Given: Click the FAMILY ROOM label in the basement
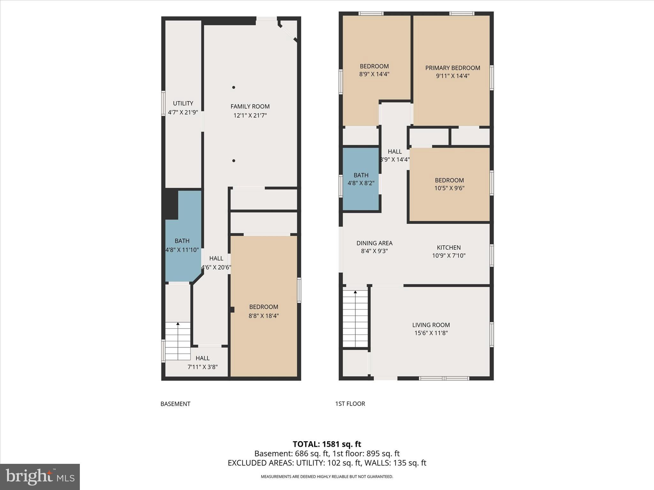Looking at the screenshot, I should [x=250, y=107].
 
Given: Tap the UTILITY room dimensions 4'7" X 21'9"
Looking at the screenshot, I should [x=183, y=112].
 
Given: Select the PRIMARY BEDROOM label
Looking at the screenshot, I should [x=452, y=68].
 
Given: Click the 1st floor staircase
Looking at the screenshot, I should [x=355, y=319].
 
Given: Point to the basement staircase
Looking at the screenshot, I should [x=178, y=341].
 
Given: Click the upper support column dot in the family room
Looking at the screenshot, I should [x=234, y=87].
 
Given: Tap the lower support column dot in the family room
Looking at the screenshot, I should [x=234, y=161].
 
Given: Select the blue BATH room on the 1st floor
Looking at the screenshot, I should [x=361, y=179].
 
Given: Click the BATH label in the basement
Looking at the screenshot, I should [x=182, y=241].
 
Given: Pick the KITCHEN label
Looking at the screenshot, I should [x=449, y=248].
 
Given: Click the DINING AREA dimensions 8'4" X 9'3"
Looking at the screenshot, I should [x=374, y=251].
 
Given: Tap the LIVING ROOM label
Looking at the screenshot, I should [x=431, y=325].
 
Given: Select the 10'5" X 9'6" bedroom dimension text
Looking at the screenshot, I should [x=449, y=188].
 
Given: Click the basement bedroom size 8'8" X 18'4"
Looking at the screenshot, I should [x=264, y=316].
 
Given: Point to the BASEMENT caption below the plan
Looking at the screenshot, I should [x=175, y=404].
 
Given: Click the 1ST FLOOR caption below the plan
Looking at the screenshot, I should [x=350, y=404].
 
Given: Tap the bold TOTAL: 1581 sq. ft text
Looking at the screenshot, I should [x=327, y=444].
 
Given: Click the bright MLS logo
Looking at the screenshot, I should [x=40, y=477].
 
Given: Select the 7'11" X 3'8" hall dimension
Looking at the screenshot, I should [x=202, y=367].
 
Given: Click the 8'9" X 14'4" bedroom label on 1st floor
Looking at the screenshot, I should [x=374, y=74].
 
